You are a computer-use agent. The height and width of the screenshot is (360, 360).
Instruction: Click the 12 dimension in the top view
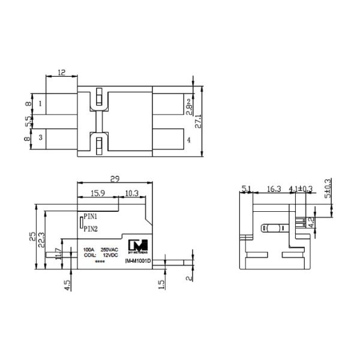(61, 72)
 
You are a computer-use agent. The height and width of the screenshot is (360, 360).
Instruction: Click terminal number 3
(40, 138)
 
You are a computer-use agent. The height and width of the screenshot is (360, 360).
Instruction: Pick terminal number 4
(188, 140)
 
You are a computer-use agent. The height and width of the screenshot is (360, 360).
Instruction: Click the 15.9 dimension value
(99, 193)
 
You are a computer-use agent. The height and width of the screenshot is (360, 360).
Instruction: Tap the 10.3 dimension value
(131, 193)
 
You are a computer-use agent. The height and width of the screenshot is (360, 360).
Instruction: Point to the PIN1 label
(91, 215)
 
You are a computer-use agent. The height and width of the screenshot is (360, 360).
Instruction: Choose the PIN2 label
(91, 229)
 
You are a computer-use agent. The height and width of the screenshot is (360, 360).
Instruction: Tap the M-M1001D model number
(138, 262)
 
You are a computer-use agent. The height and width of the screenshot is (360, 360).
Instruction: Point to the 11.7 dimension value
(58, 254)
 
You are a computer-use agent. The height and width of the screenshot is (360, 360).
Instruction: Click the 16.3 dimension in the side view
(273, 190)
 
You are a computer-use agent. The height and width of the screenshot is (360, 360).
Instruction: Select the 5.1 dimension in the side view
(246, 190)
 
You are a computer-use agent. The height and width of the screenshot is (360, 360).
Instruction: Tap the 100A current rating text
(89, 248)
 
